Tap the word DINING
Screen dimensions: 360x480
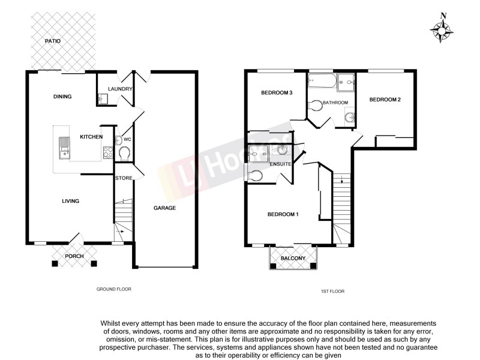tap(62, 97)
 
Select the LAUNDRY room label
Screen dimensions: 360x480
tap(119, 89)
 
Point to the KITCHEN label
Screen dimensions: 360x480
tap(92, 137)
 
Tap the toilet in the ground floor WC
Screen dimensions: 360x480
tap(124, 152)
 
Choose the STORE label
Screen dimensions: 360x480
tap(124, 178)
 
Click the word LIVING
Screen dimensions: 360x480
tap(71, 201)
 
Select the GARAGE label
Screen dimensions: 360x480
tap(164, 208)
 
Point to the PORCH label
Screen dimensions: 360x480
tap(74, 257)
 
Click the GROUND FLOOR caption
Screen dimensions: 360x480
tap(114, 289)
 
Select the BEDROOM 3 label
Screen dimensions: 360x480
tap(277, 93)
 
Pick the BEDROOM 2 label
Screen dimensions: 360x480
tap(385, 100)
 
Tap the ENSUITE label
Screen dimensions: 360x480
tap(281, 164)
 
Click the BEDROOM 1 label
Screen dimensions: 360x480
tap(283, 215)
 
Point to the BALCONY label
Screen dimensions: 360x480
tap(293, 259)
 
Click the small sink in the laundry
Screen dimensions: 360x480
tap(103, 100)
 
